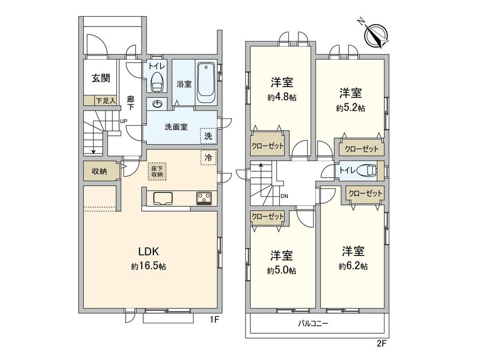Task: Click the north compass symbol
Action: click(x=376, y=35)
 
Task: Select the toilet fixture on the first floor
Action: click(x=156, y=83)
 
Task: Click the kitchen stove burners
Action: click(x=204, y=198)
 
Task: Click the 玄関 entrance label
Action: click(x=101, y=78)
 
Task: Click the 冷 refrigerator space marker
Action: click(x=208, y=157)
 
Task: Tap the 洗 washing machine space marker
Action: click(x=208, y=136)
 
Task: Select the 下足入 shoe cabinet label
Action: click(x=105, y=101)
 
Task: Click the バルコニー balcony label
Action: click(x=313, y=324)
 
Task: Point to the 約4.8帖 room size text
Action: click(x=282, y=98)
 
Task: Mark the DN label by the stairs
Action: click(x=285, y=196)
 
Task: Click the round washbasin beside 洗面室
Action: click(x=157, y=104)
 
